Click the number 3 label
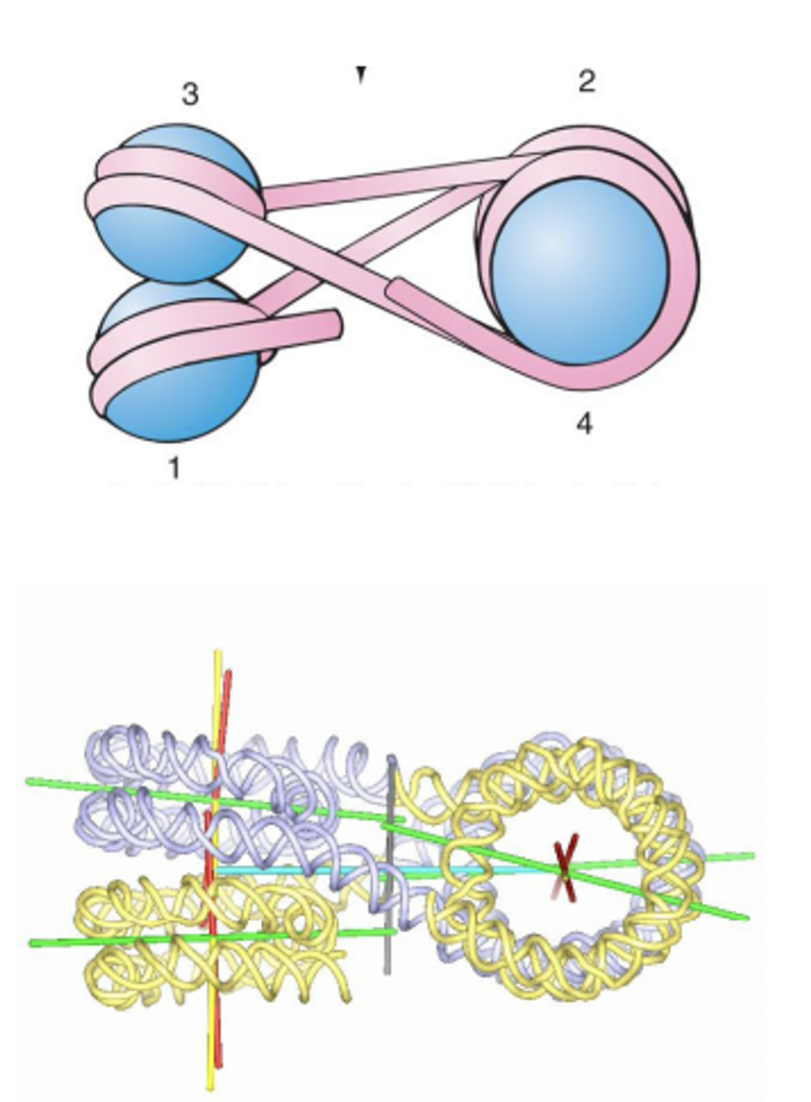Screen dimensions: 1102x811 pyautogui.click(x=190, y=94)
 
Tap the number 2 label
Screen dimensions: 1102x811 pyautogui.click(x=587, y=81)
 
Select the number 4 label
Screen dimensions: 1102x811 pyautogui.click(x=584, y=424)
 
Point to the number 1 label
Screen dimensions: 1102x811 pyautogui.click(x=175, y=468)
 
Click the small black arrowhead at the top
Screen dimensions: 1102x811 pyautogui.click(x=361, y=75)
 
